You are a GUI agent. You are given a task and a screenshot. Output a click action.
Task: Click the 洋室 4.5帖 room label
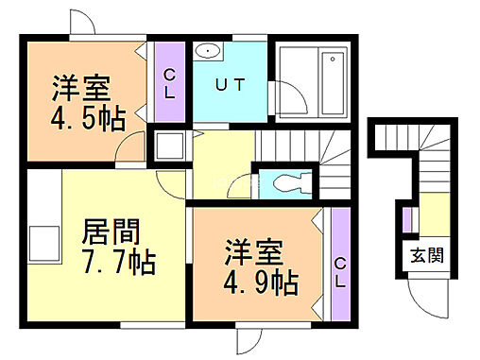tap(81, 101)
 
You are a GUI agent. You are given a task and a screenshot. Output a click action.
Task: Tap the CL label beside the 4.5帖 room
tap(169, 82)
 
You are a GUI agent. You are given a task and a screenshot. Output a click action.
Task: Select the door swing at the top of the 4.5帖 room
tap(80, 22)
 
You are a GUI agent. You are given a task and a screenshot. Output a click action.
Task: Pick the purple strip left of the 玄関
tap(406, 222)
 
